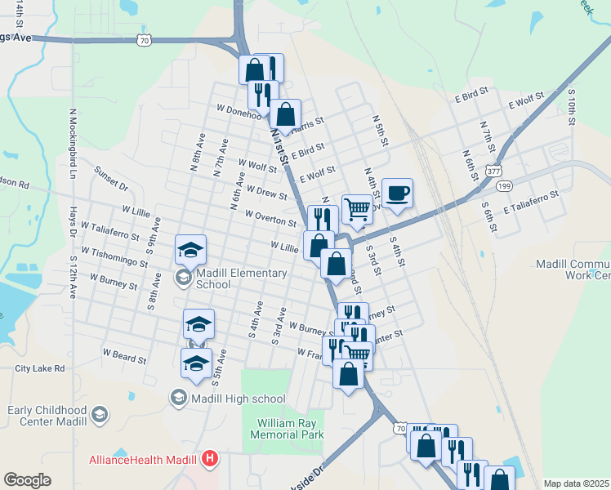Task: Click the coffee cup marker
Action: pos(397,194)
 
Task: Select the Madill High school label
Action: pos(238,399)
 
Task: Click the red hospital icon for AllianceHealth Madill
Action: pos(210,459)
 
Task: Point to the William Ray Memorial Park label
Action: pos(291,429)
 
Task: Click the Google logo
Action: pos(27,480)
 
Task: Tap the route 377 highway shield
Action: pos(493,172)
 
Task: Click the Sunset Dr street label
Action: pos(111,179)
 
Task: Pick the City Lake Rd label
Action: pos(39,369)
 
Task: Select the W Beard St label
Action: pos(124,355)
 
